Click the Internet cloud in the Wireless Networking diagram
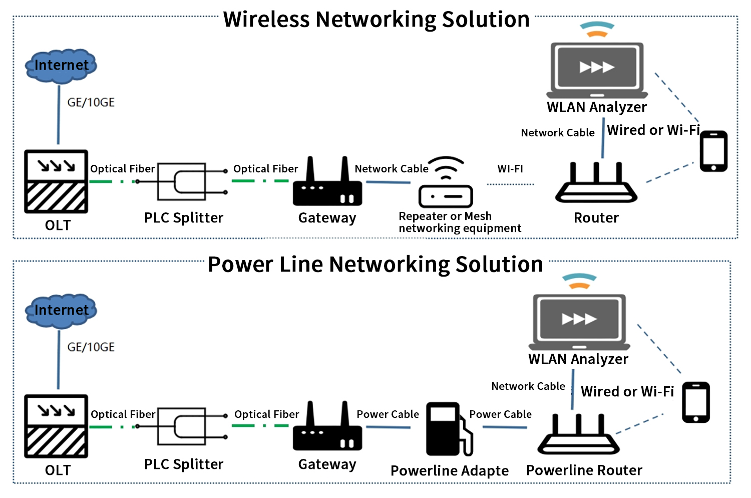[x=61, y=66]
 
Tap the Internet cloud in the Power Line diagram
[x=61, y=311]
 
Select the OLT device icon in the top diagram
[x=56, y=181]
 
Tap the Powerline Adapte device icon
[x=449, y=429]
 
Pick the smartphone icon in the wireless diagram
[x=713, y=151]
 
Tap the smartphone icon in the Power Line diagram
[x=696, y=402]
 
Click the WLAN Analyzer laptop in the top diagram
[x=597, y=70]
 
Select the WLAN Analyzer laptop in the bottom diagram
[x=579, y=322]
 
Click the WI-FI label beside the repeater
[x=510, y=169]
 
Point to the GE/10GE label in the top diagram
[x=91, y=103]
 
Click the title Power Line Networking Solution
[x=375, y=265]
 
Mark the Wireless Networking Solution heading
[x=376, y=20]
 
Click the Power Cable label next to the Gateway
[x=388, y=414]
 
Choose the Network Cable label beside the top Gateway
[x=392, y=169]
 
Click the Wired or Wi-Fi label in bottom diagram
[x=627, y=392]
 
